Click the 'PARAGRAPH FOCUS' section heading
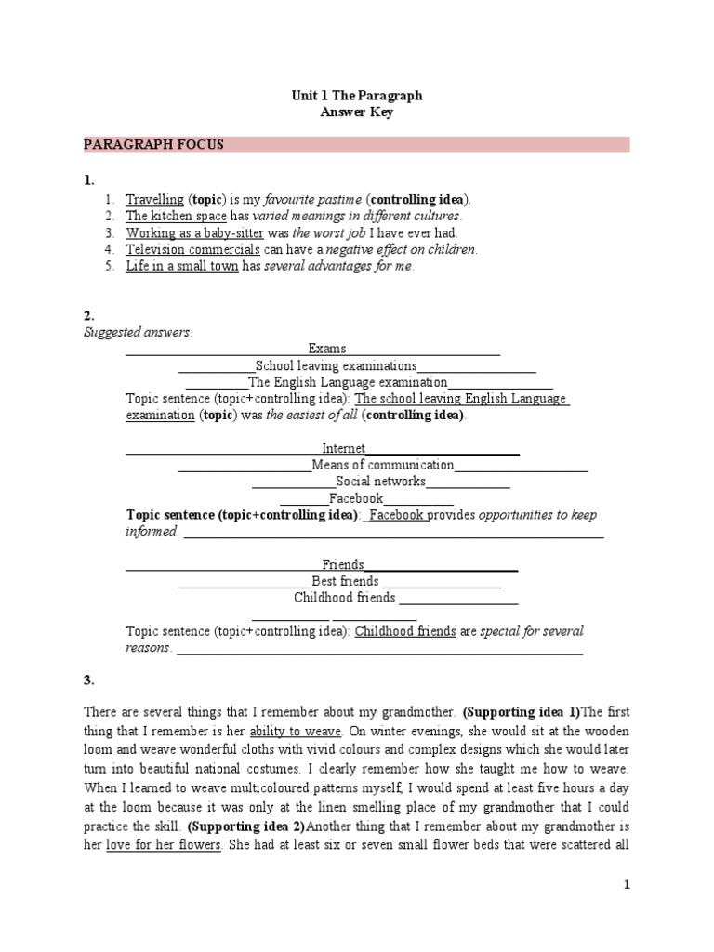[x=152, y=145]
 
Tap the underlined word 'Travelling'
[x=155, y=199]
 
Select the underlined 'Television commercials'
[x=192, y=249]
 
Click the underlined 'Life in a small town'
[x=182, y=266]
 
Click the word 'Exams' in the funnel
[x=327, y=349]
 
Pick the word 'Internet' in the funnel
[x=344, y=448]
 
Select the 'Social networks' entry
[x=380, y=482]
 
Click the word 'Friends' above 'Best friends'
[x=343, y=564]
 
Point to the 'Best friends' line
[x=345, y=581]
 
